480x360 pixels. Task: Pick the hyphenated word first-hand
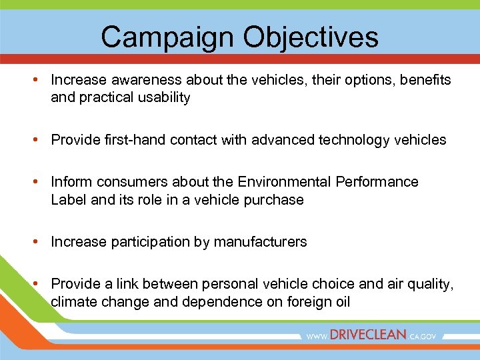click(x=131, y=140)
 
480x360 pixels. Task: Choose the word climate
click(x=74, y=302)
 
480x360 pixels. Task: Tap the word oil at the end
click(x=341, y=302)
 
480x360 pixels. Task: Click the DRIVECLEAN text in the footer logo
click(x=367, y=335)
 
